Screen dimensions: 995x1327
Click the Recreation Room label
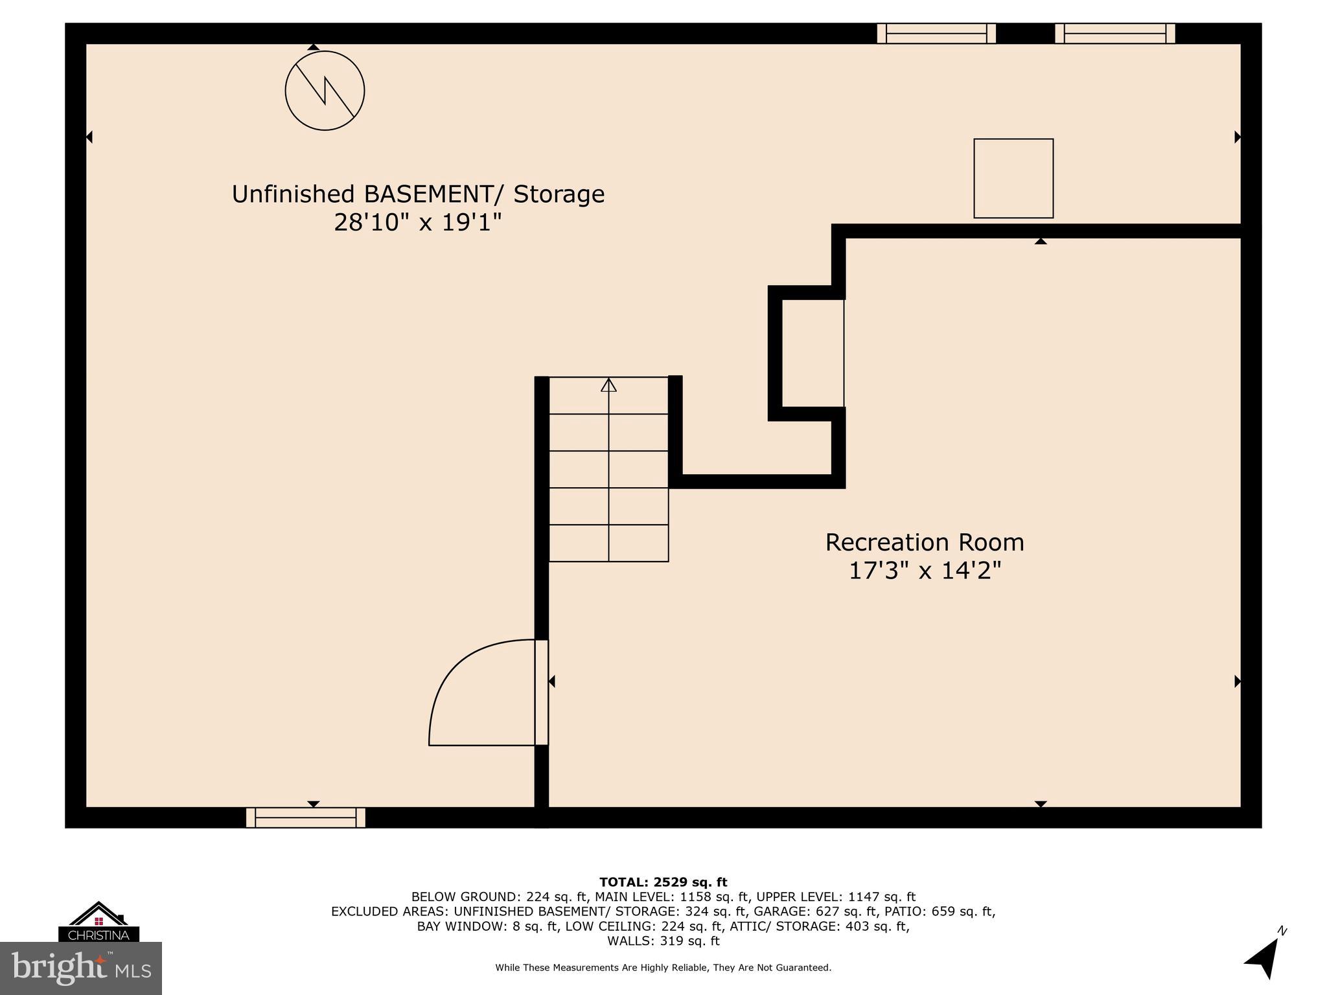(925, 542)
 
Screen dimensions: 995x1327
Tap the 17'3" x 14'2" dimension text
(925, 571)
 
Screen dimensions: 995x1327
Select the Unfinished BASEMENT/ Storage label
(418, 194)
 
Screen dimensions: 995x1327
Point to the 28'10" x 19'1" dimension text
(418, 222)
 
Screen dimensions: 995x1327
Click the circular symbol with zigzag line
(325, 91)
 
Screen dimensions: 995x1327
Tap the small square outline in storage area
(1013, 178)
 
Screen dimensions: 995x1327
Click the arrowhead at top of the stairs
(608, 385)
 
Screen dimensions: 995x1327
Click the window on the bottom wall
(306, 818)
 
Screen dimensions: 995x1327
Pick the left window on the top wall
(936, 33)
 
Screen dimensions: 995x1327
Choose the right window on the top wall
(1114, 33)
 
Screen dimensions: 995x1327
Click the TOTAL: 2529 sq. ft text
(663, 882)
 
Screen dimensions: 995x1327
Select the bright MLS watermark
(81, 968)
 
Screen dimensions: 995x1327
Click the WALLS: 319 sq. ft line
(663, 941)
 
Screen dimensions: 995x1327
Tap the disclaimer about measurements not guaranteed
(663, 968)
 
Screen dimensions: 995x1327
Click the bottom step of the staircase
(608, 543)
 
